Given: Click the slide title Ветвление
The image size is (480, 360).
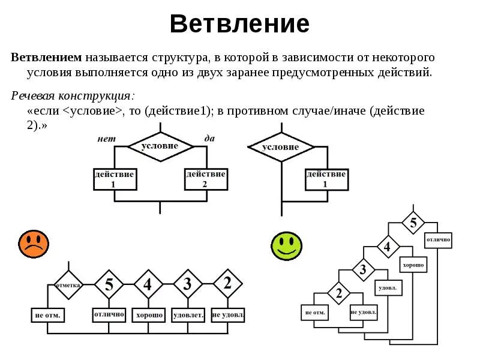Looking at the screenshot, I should point(239,24).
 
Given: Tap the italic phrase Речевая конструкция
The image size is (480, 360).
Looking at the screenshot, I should point(73,96).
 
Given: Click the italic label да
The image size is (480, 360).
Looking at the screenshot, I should point(209,138).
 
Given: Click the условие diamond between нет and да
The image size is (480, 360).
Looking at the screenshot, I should point(160,146).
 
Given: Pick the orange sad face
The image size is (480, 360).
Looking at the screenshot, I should point(34,244).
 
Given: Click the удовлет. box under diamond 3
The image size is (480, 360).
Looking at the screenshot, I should point(188,314).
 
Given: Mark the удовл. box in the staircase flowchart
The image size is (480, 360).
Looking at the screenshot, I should point(388,288).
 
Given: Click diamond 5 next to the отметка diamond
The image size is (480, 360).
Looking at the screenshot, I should point(109,284).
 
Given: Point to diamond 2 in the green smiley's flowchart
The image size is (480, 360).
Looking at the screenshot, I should point(339,293).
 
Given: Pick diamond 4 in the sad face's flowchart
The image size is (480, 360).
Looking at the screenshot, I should point(148,284).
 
